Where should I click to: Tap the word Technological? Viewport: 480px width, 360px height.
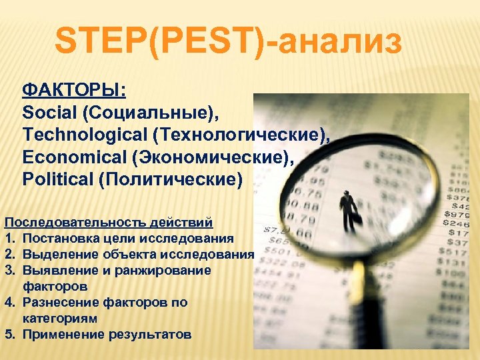(84, 135)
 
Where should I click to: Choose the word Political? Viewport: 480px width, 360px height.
(57, 180)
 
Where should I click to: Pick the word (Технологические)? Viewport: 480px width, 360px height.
(241, 135)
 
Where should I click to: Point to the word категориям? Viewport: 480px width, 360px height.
(60, 318)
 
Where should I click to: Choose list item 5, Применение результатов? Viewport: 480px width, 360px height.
(107, 334)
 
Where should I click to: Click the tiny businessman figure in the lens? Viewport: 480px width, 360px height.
(348, 211)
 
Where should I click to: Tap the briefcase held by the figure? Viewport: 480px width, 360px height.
(357, 218)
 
